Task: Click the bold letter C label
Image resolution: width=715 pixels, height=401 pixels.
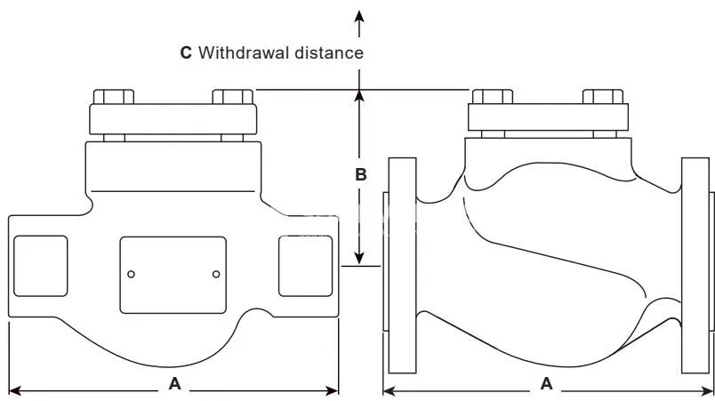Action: [x=186, y=52]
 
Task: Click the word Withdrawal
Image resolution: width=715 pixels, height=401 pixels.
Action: [x=244, y=52]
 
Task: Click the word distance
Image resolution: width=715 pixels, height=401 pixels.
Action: [x=329, y=52]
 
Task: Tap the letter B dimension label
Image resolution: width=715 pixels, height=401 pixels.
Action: [x=361, y=174]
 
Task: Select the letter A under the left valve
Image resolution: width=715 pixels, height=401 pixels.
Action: [x=174, y=384]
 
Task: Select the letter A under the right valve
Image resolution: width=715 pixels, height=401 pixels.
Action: [x=546, y=384]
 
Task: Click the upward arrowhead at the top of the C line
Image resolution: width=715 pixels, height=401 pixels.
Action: [x=359, y=16]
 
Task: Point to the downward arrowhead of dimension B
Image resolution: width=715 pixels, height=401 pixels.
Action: [x=359, y=258]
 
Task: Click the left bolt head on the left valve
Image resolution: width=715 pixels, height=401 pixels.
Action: [x=114, y=97]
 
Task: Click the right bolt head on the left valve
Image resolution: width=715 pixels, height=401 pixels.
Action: [x=233, y=97]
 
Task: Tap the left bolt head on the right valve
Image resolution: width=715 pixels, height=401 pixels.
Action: [x=493, y=97]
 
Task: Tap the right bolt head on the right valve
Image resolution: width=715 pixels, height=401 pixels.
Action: [x=603, y=97]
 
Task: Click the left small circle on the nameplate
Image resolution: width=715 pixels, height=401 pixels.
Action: [x=131, y=275]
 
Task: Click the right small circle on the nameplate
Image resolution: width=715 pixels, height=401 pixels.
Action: [x=216, y=275]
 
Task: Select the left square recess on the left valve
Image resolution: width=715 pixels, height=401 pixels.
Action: [x=41, y=266]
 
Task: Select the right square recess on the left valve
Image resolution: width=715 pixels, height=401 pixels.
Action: [x=306, y=266]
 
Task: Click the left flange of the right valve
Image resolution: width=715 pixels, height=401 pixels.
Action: [x=402, y=266]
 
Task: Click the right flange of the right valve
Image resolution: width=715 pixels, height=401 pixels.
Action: [x=695, y=266]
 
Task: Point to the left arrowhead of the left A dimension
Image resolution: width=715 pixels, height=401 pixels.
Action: [x=15, y=390]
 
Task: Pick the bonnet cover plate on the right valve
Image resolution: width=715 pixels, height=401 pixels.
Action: [x=548, y=117]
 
